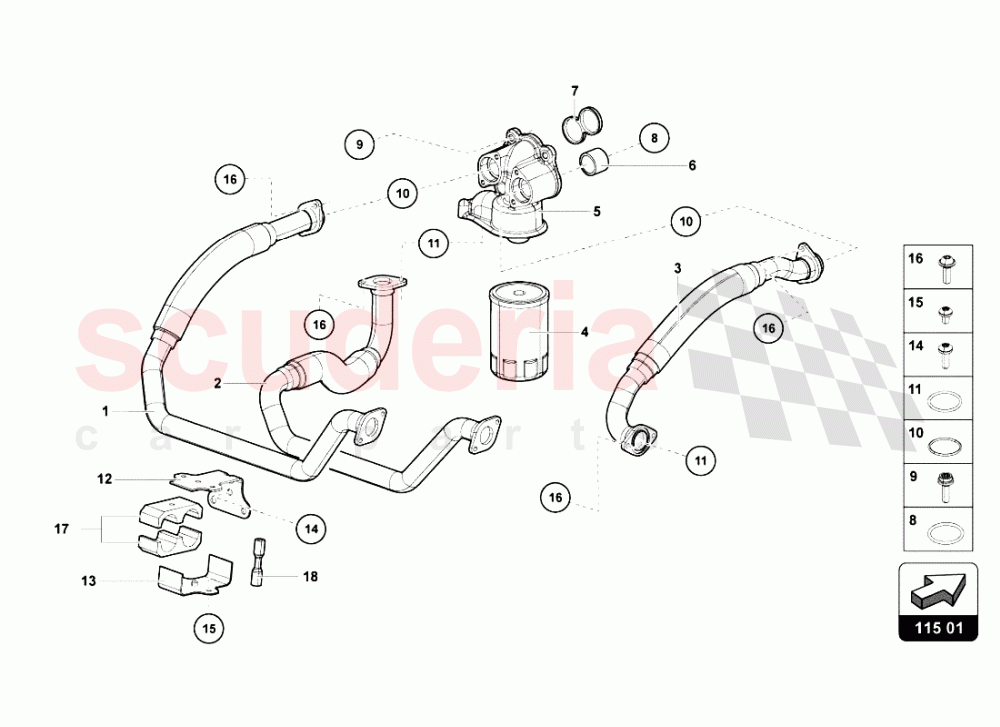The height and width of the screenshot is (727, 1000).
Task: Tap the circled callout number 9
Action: tap(360, 144)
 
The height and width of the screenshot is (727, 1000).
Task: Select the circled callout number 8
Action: tap(654, 138)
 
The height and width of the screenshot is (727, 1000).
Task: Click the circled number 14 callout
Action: tap(311, 529)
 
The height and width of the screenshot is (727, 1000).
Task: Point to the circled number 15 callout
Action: tap(209, 629)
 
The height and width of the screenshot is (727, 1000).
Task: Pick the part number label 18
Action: tap(310, 576)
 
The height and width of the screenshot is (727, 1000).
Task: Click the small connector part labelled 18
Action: tap(258, 562)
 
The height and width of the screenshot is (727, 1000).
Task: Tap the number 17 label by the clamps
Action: tap(61, 529)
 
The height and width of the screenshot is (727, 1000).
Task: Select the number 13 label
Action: tap(89, 581)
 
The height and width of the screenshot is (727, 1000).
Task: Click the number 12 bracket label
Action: tap(105, 479)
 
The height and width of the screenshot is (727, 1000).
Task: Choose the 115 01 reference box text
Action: tap(938, 628)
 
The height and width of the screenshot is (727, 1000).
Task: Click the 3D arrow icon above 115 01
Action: tap(938, 588)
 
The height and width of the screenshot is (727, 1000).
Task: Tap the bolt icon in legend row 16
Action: tap(945, 268)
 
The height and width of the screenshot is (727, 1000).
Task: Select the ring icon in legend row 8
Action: tap(945, 531)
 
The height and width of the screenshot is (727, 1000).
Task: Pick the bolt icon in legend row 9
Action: tap(945, 487)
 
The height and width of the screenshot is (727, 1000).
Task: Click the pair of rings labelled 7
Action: tap(584, 123)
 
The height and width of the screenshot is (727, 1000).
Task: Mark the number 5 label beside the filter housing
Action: tap(597, 211)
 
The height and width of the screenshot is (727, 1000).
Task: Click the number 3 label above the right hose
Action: tap(677, 268)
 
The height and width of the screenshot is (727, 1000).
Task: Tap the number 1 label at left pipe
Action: tap(106, 412)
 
